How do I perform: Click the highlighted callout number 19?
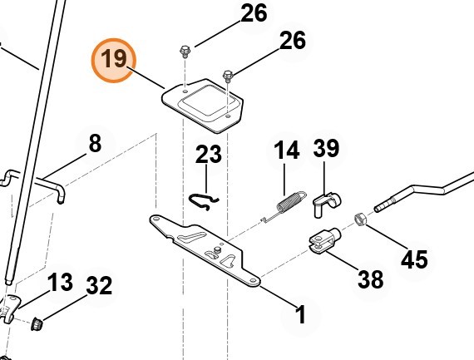(114, 59)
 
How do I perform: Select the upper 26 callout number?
(254, 13)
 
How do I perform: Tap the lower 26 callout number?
(293, 40)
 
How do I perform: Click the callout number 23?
(208, 154)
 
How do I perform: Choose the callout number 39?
(326, 148)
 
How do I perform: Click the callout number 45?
(414, 259)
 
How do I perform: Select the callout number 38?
(371, 279)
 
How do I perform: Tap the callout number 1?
(300, 314)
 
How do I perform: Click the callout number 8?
(96, 143)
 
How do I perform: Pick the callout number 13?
(60, 283)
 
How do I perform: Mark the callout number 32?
(99, 286)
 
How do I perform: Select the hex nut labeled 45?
(360, 219)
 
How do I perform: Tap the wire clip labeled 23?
(204, 201)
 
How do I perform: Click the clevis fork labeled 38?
(324, 240)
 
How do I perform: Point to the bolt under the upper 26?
(184, 52)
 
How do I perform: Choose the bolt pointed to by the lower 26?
(228, 76)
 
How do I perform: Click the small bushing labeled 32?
(37, 324)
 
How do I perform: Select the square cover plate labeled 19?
(203, 106)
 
